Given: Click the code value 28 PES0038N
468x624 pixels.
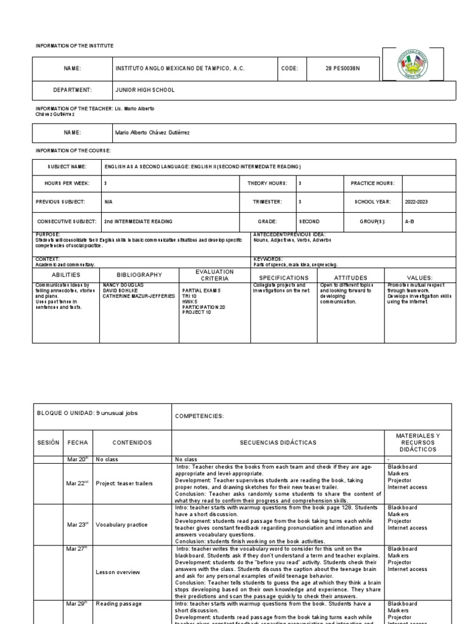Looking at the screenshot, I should [x=343, y=69].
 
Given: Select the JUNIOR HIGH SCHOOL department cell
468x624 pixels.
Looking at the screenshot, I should [x=144, y=90].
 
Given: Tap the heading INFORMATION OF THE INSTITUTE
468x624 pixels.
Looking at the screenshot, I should [x=74, y=46].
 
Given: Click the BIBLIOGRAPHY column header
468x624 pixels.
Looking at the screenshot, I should [x=139, y=275].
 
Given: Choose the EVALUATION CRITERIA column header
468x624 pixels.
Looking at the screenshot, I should [x=214, y=275].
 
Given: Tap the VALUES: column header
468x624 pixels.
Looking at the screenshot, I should [x=420, y=278].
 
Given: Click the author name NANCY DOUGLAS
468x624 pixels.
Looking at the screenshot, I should [x=123, y=285].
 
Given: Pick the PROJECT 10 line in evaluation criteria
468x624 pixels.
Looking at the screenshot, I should [x=197, y=312].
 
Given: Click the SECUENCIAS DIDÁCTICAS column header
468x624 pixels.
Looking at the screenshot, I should [x=277, y=442].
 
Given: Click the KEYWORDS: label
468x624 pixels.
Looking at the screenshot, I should [x=268, y=258].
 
